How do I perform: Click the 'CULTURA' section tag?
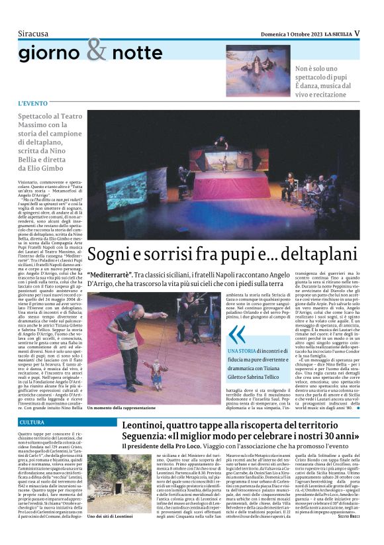tap(32, 422)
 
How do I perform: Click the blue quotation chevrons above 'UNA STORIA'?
tap(236, 333)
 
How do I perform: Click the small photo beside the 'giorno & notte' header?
tap(258, 70)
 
